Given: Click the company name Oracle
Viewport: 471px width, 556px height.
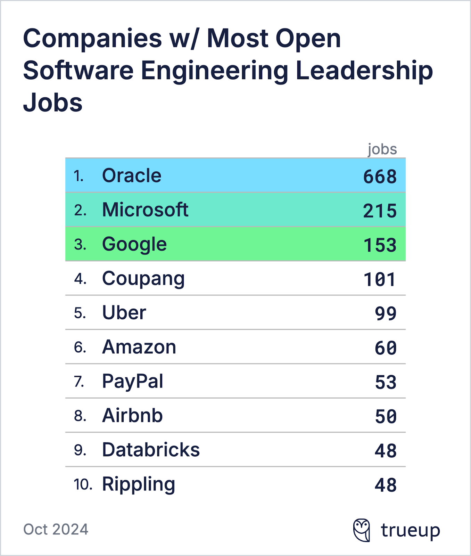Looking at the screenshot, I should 132,175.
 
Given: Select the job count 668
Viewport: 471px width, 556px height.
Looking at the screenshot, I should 380,177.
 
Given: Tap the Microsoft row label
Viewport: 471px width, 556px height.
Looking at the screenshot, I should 145,210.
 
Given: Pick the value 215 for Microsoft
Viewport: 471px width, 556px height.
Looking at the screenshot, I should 380,211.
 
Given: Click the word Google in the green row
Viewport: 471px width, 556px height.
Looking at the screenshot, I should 134,244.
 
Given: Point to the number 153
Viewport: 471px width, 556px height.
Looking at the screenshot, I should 380,245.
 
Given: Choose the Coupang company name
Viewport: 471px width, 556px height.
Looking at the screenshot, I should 143,279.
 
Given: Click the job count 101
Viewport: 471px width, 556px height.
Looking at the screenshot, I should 380,280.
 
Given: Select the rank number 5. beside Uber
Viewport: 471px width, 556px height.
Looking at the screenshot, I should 80,313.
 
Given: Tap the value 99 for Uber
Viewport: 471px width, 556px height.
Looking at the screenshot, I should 386,314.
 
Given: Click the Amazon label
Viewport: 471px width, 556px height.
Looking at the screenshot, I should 139,347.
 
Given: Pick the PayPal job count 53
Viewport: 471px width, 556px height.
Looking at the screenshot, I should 386,382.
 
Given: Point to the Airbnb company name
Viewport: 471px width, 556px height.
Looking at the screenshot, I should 132,416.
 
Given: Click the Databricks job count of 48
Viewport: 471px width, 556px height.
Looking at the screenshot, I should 386,451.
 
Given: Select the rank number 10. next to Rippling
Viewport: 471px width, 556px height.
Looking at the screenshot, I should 83,484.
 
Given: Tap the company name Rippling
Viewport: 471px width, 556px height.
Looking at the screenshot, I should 138,484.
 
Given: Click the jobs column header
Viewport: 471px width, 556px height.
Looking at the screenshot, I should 382,149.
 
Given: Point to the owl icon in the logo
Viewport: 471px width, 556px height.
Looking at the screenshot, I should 362,530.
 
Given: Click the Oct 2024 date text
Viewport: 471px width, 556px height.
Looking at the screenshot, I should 56,529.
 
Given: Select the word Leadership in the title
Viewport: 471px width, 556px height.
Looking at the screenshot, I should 364,71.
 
